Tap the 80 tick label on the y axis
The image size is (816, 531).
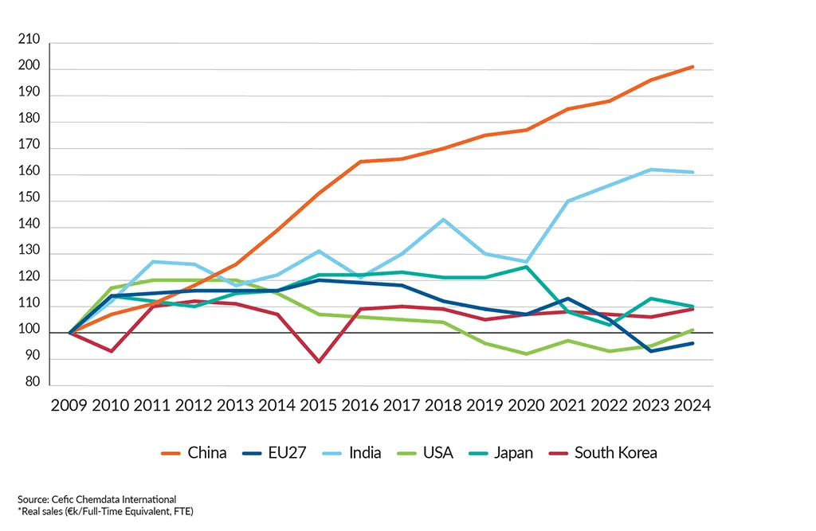pos(32,383)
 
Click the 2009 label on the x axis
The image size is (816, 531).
pos(69,406)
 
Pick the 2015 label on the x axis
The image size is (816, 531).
pos(319,406)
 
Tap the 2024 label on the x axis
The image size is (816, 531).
pos(692,406)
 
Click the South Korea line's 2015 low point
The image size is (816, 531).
pos(319,361)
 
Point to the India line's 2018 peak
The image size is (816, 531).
pos(444,220)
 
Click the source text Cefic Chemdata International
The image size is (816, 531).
pos(96,499)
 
